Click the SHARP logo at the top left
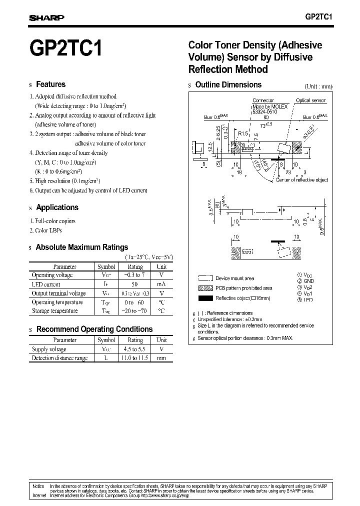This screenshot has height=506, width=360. (46, 17)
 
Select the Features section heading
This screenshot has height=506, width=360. (50, 84)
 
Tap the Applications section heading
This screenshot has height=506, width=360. (57, 207)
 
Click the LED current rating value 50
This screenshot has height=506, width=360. (135, 284)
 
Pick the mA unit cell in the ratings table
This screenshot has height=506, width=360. (161, 284)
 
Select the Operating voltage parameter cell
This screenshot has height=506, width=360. (52, 275)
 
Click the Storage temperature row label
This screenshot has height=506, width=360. (54, 311)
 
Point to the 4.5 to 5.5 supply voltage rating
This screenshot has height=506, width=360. (135, 349)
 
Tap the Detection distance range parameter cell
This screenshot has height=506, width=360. (59, 358)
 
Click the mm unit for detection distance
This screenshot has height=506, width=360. (161, 358)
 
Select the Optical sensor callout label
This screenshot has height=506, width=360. (310, 100)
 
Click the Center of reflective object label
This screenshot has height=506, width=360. (302, 179)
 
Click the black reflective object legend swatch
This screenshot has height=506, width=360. (205, 298)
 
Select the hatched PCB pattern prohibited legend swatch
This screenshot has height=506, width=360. (205, 288)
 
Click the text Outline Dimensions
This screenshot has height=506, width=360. (228, 85)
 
